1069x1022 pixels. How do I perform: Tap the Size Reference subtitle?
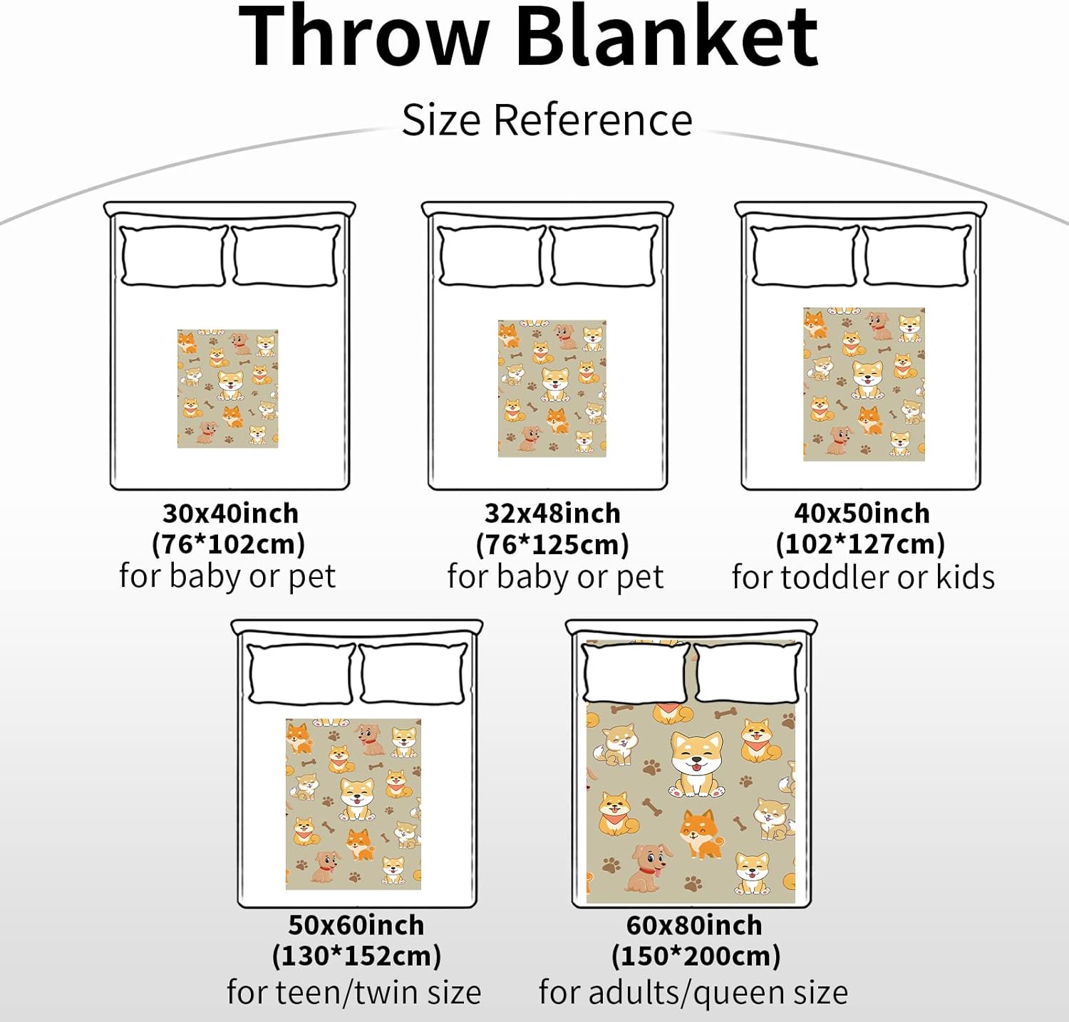click(x=547, y=120)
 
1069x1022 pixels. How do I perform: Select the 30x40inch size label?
click(x=230, y=513)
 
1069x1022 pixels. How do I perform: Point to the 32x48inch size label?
click(x=552, y=513)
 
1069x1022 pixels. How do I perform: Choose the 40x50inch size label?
click(x=862, y=513)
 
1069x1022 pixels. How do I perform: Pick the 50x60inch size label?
click(x=356, y=924)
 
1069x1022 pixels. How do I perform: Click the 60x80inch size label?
click(x=694, y=924)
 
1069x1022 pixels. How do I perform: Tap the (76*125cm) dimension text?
click(x=552, y=545)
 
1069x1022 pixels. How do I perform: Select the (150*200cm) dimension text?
click(x=696, y=956)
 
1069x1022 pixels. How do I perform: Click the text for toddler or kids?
click(x=863, y=577)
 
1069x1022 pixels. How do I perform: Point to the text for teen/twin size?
click(x=354, y=992)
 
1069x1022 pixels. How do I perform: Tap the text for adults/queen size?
click(x=693, y=992)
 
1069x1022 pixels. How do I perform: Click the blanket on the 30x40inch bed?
click(x=227, y=388)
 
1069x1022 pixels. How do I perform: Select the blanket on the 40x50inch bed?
click(x=864, y=384)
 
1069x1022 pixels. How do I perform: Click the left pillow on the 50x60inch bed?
click(x=301, y=674)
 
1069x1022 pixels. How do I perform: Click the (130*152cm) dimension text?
click(x=356, y=956)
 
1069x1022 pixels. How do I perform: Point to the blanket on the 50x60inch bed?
click(x=353, y=804)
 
